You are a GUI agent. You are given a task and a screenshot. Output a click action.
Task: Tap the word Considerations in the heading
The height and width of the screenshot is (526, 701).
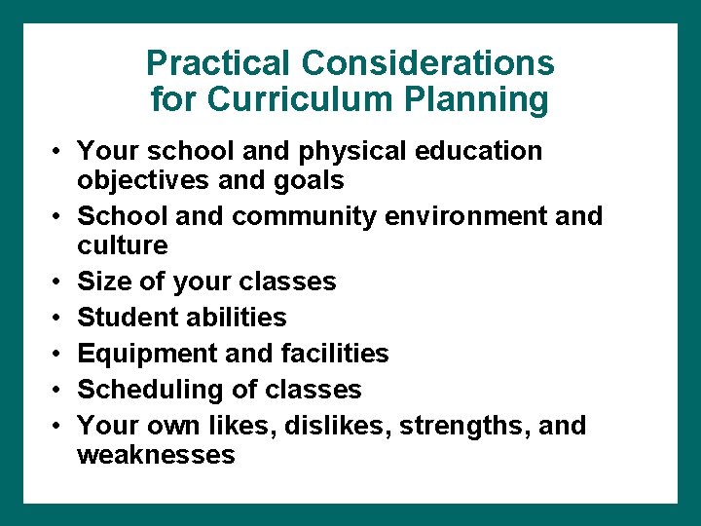(x=427, y=64)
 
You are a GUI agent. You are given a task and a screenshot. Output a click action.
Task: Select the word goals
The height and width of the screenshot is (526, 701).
(x=309, y=181)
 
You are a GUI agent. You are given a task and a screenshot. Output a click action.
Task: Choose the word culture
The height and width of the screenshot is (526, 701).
(x=123, y=244)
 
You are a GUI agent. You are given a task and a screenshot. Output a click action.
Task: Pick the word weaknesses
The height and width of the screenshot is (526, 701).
(x=156, y=455)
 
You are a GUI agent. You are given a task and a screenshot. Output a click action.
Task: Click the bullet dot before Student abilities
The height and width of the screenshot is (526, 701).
(x=58, y=318)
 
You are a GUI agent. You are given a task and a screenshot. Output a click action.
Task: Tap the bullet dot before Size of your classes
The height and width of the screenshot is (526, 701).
(x=58, y=282)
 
